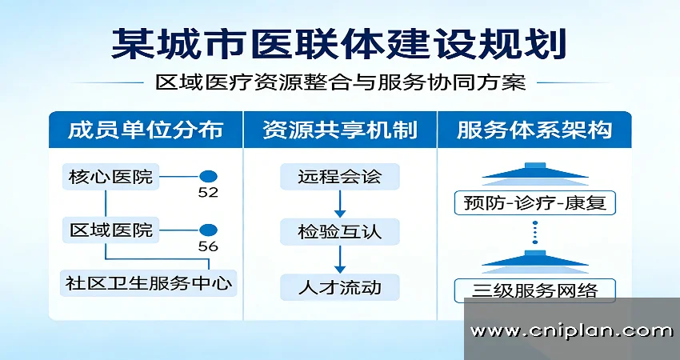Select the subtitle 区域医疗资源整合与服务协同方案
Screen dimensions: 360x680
pos(340,82)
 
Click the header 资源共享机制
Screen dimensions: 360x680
pos(339,130)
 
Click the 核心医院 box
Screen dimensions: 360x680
pos(110,176)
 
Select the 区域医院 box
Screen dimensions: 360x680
pos(110,230)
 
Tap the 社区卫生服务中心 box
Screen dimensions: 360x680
pos(150,283)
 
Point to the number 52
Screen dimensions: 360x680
pos(208,193)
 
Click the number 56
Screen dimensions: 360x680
pos(208,246)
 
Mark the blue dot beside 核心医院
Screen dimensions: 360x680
pos(208,176)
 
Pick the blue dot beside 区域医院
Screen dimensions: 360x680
pos(208,230)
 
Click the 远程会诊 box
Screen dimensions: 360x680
pos(339,177)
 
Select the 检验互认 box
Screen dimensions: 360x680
pos(339,232)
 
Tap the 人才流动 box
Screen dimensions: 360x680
pos(339,286)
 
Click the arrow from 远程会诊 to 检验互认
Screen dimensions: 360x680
pos(339,204)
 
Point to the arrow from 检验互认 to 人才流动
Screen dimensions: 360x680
pos(339,259)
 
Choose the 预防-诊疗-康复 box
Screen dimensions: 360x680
pos(534,202)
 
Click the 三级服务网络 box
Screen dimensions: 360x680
pos(534,289)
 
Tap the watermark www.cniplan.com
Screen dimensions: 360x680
pos(571,330)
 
